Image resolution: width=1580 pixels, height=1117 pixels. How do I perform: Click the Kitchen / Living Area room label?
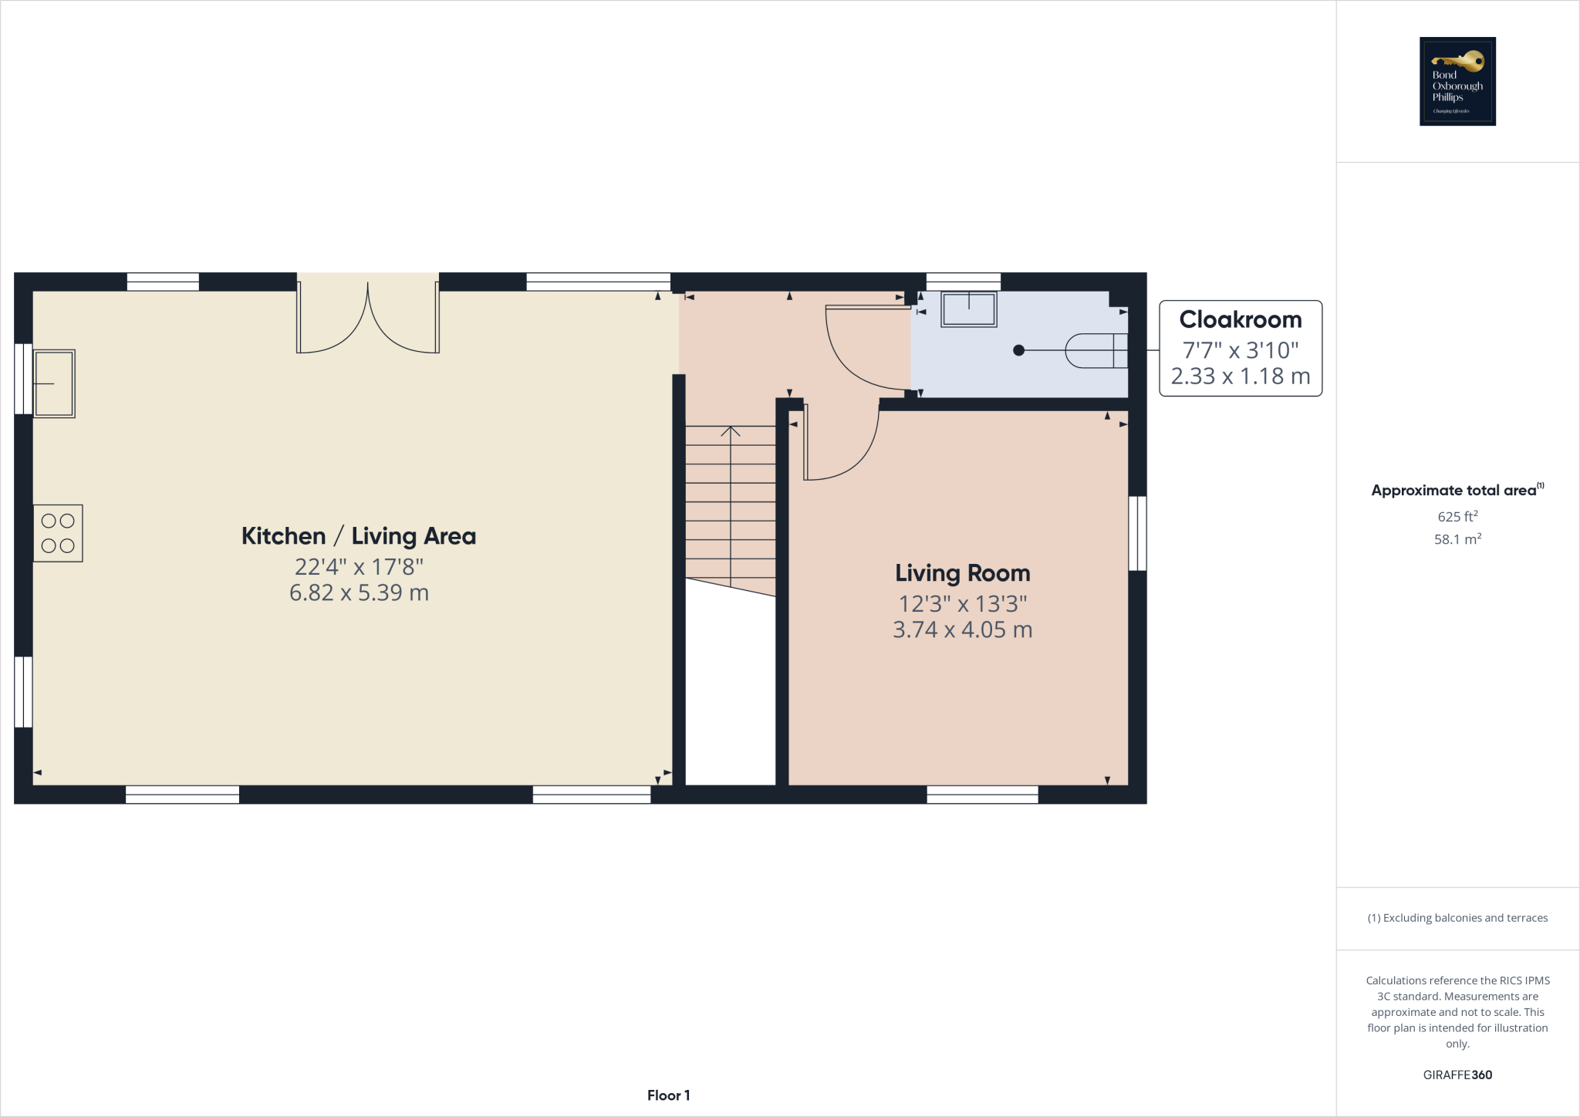(359, 536)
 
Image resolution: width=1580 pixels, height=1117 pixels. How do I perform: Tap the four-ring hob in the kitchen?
(58, 533)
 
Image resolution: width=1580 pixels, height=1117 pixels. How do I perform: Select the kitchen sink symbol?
(54, 383)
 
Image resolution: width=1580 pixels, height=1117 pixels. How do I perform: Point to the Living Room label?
(962, 573)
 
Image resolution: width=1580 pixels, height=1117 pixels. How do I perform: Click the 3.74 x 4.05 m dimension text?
(962, 629)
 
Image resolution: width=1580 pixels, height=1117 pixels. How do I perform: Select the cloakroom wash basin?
(969, 309)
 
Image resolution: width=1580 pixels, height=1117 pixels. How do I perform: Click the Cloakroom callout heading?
(1241, 319)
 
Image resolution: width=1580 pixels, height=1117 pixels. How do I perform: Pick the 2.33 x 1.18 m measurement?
(1241, 376)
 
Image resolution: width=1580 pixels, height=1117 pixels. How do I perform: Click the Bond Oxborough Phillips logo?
(1457, 81)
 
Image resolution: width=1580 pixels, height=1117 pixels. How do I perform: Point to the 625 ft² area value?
(1457, 516)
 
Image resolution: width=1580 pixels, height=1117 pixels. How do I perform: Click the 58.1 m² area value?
(1457, 539)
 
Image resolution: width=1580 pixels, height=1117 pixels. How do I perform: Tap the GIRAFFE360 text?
(1457, 1075)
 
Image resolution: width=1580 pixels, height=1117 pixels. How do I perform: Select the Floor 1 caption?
(668, 1095)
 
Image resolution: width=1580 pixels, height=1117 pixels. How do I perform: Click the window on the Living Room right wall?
(1137, 533)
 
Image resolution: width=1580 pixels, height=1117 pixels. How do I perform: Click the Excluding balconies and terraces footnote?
(1457, 918)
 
